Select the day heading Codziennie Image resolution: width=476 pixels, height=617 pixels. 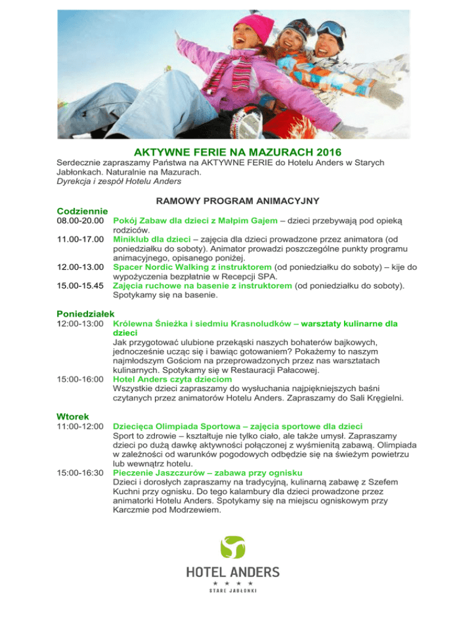point(83,211)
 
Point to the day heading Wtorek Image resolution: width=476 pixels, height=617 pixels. point(73,415)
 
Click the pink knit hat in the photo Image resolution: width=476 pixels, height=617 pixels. point(255,27)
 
